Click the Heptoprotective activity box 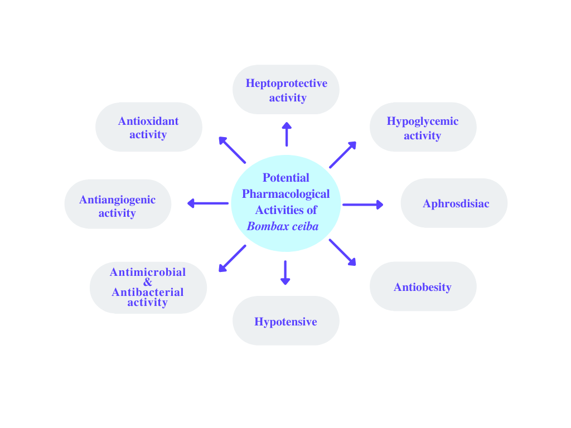point(286,90)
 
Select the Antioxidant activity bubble point(148,127)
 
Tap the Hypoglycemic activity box point(423,128)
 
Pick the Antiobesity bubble point(423,287)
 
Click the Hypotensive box point(285,321)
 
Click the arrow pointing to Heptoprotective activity point(287,134)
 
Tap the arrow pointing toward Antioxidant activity point(232,149)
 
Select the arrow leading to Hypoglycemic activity point(342,154)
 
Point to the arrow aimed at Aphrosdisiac point(362,205)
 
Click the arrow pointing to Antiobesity point(342,252)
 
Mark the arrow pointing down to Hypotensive point(285,273)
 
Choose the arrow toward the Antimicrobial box point(232,259)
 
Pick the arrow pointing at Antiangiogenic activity point(207,203)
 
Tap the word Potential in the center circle point(285,178)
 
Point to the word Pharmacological point(285,194)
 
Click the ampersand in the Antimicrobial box point(148,282)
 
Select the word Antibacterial point(148,292)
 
